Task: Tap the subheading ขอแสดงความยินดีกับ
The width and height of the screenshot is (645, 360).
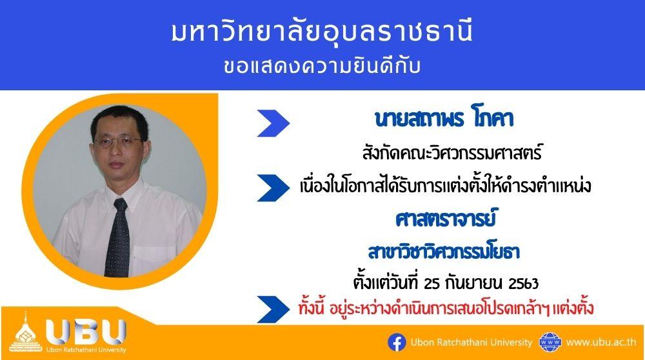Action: tap(322, 66)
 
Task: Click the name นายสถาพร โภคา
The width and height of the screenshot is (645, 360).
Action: tap(444, 119)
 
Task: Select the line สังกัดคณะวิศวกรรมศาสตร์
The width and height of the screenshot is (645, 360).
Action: tap(451, 152)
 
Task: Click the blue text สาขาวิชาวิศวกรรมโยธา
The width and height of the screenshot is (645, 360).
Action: tap(444, 252)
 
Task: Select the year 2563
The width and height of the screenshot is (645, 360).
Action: tap(523, 283)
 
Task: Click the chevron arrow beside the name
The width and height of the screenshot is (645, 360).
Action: tap(273, 123)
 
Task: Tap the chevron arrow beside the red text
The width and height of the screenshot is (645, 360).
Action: tap(273, 309)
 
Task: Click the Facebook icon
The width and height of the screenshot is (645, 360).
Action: tap(397, 343)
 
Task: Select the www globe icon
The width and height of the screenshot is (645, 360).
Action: tap(550, 343)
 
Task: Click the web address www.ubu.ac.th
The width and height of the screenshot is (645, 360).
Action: tap(601, 343)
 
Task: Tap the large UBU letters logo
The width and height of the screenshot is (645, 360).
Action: tap(86, 331)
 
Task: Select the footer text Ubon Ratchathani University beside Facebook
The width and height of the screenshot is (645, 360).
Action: tap(471, 343)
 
